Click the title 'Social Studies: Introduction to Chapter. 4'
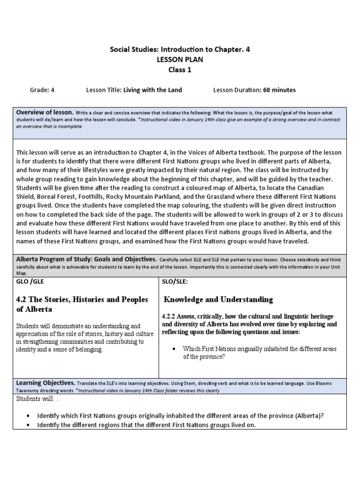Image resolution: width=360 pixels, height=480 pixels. pyautogui.click(x=180, y=49)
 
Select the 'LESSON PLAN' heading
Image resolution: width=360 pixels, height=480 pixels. pyautogui.click(x=180, y=60)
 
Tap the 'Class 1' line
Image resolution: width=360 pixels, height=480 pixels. pyautogui.click(x=180, y=70)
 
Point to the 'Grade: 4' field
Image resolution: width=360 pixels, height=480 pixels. pyautogui.click(x=43, y=90)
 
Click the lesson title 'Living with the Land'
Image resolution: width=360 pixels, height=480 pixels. pyautogui.click(x=152, y=90)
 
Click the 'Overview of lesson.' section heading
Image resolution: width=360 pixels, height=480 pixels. pyautogui.click(x=45, y=112)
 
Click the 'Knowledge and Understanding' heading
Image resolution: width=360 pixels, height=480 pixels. pyautogui.click(x=218, y=300)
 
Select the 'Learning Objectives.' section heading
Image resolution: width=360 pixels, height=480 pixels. pyautogui.click(x=45, y=382)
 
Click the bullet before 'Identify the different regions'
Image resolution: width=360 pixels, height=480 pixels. pyautogui.click(x=29, y=425)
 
